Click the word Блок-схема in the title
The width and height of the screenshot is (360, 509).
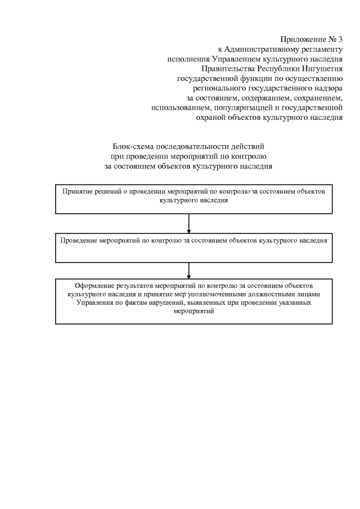click(x=132, y=147)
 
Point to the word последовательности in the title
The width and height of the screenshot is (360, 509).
click(x=191, y=147)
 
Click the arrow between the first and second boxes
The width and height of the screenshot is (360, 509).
click(x=188, y=223)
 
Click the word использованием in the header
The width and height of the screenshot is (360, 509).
click(x=179, y=108)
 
